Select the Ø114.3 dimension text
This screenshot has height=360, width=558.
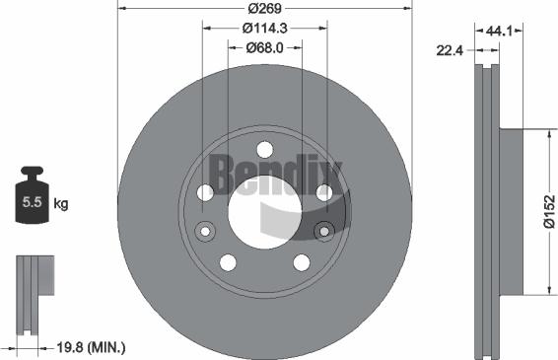click(264, 29)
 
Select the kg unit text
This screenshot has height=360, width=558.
click(60, 204)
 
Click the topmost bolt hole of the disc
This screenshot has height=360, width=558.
click(264, 149)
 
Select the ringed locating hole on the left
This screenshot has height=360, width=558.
click(205, 232)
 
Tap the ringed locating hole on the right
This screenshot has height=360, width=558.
click(323, 232)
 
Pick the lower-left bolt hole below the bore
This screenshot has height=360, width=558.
click(228, 261)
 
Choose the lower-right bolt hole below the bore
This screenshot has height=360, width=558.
click(301, 261)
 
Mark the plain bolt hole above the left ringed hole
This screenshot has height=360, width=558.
click(205, 192)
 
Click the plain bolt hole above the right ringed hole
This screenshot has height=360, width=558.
click(323, 192)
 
